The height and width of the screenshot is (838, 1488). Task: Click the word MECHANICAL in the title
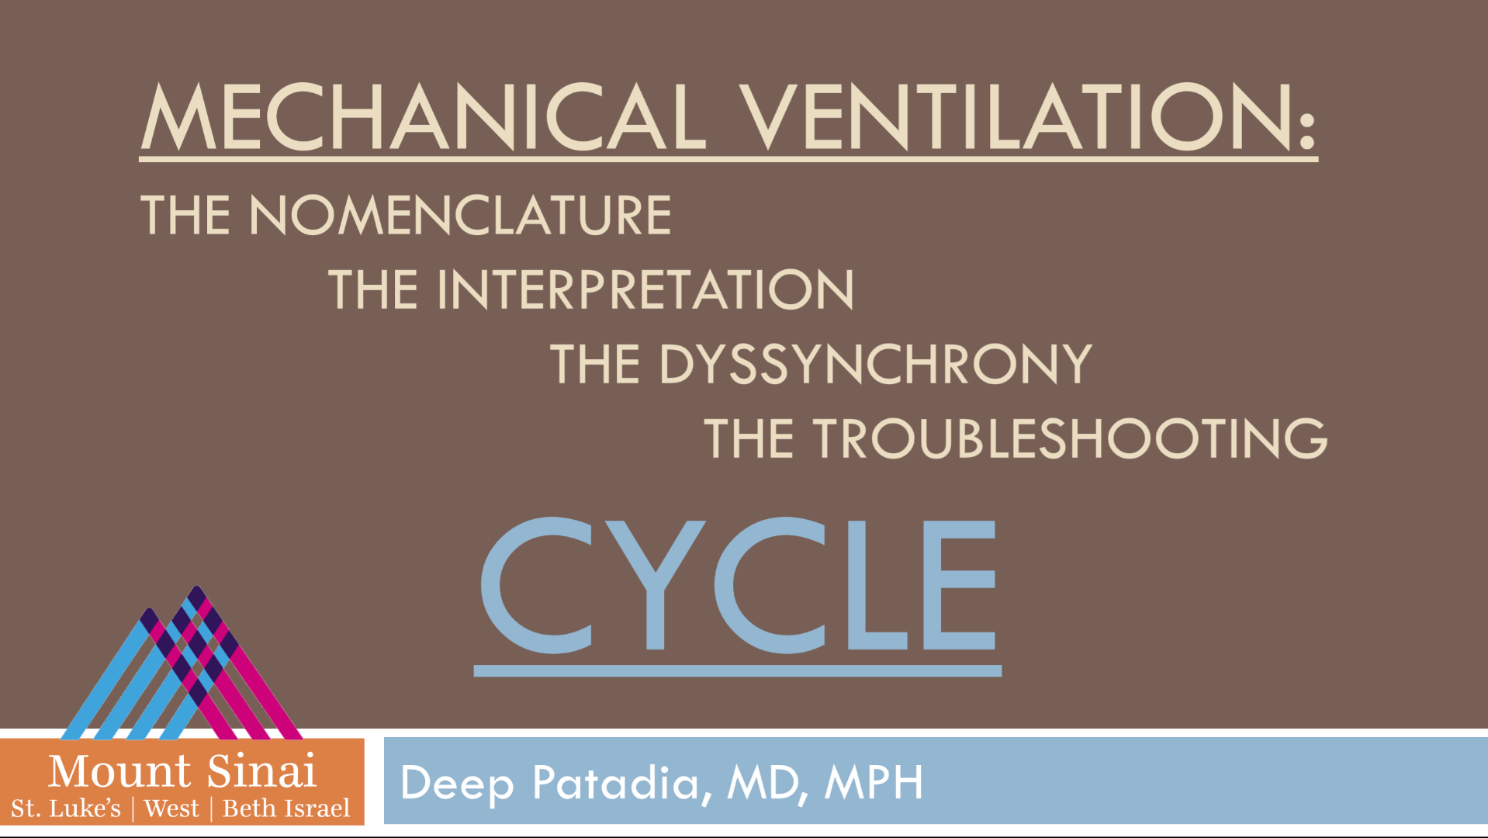(x=424, y=116)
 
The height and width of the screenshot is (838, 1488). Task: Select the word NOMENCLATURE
(x=460, y=215)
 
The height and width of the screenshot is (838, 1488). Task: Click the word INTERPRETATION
(x=645, y=289)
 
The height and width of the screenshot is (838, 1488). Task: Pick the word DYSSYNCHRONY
(x=876, y=364)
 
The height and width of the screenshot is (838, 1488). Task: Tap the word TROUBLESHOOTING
(x=1070, y=438)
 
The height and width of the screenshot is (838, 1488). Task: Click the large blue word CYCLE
(x=738, y=585)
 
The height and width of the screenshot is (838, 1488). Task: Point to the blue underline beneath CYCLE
(x=738, y=671)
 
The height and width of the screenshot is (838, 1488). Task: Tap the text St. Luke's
(x=66, y=809)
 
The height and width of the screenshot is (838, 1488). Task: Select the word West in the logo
(x=171, y=809)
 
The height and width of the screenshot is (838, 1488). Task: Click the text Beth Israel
(x=286, y=809)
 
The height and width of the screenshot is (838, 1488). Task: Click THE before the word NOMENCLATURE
(x=185, y=215)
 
